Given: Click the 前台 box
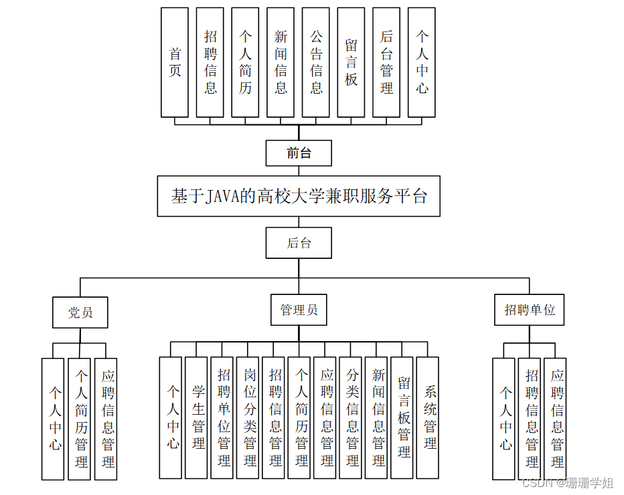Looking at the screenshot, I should pyautogui.click(x=299, y=153).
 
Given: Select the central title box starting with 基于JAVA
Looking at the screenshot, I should pyautogui.click(x=299, y=196).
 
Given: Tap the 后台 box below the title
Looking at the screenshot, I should pyautogui.click(x=299, y=243).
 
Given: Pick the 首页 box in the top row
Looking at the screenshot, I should pyautogui.click(x=175, y=62).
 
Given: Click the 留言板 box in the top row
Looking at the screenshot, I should pyautogui.click(x=351, y=62).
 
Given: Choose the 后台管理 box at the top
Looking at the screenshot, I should pyautogui.click(x=386, y=62).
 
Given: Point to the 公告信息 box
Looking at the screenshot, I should pyautogui.click(x=316, y=62).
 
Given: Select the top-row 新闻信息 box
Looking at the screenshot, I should pyautogui.click(x=281, y=62).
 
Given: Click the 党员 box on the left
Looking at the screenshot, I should pyautogui.click(x=80, y=312).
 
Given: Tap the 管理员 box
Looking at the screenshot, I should pyautogui.click(x=299, y=310).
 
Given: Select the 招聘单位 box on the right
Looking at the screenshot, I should pyautogui.click(x=530, y=310).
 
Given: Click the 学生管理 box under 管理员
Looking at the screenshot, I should pyautogui.click(x=198, y=417).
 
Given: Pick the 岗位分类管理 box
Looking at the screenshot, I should pyautogui.click(x=250, y=417).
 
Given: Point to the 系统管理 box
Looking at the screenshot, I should pyautogui.click(x=430, y=417).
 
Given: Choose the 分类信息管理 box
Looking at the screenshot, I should pyautogui.click(x=353, y=417).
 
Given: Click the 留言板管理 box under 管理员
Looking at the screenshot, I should pyautogui.click(x=404, y=417).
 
